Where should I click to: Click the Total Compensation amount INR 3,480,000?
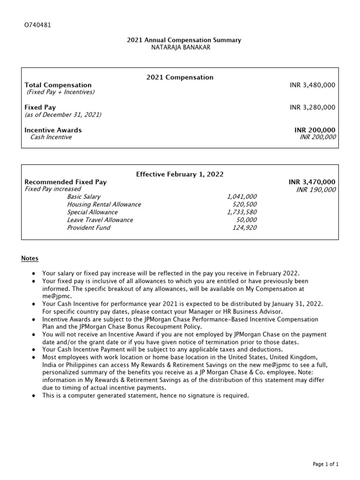(312, 85)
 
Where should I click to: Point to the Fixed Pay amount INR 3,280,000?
(312, 107)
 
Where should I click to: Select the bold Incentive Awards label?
(53, 130)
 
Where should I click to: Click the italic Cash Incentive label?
(51, 137)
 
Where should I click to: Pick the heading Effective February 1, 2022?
(180, 174)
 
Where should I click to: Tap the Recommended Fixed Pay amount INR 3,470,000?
(312, 181)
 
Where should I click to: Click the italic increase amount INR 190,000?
(316, 189)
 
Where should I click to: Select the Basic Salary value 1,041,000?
(241, 197)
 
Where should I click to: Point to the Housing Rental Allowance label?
(104, 204)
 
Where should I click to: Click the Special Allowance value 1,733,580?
(241, 212)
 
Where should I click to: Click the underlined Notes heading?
(30, 258)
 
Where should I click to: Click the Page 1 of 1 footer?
(325, 464)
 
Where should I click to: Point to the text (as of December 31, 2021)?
(63, 115)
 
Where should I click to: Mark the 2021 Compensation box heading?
(180, 77)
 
